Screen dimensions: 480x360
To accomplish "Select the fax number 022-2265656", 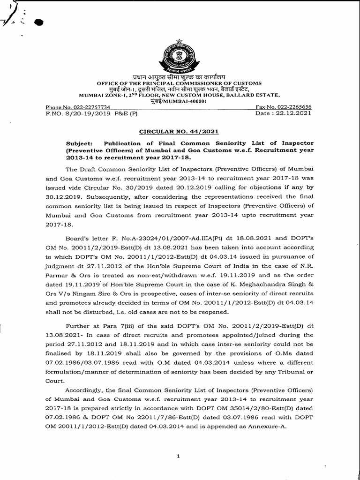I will [296, 107].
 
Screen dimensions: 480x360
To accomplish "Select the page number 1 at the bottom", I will [179, 457].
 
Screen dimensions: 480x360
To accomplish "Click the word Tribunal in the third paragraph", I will [284, 371].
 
